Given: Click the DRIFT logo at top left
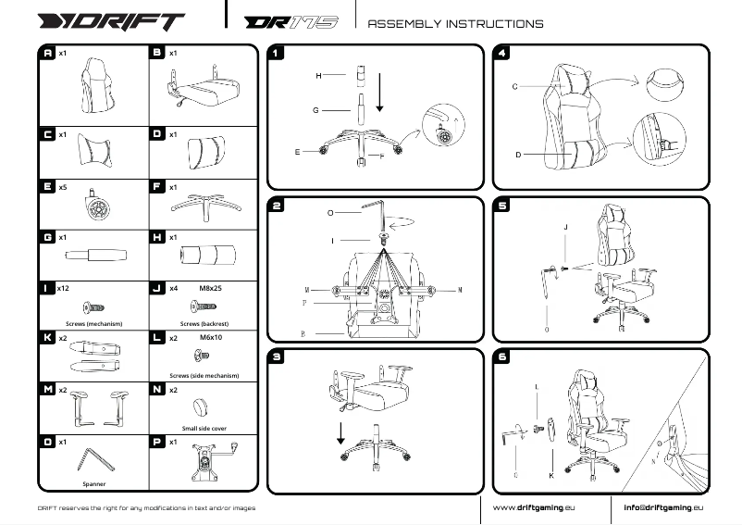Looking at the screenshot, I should click(110, 21).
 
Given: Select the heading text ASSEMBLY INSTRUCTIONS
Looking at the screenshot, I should click(455, 23).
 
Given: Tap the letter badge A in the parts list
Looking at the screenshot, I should click(48, 54).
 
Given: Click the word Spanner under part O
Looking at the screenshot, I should click(93, 482).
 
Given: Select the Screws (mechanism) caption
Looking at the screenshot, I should click(93, 325).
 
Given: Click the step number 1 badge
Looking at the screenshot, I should click(277, 54).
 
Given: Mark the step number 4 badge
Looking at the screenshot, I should click(502, 54).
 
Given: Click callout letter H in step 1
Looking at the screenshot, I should click(317, 74).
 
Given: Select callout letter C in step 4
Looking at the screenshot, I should click(514, 86).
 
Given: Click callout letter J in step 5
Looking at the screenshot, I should click(564, 226).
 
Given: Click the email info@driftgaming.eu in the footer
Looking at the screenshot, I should click(663, 507).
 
